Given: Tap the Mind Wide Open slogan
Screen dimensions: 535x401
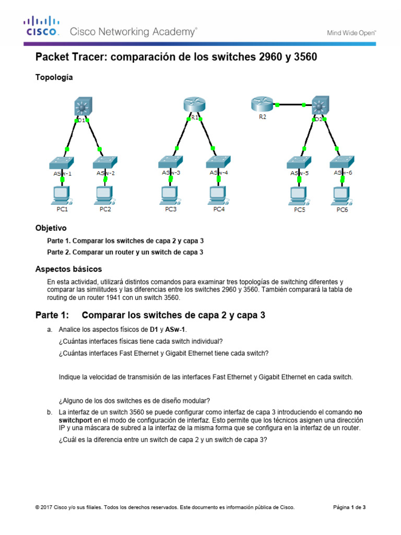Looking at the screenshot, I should point(351,32).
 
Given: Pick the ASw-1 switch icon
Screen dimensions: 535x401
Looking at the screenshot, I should point(62,162).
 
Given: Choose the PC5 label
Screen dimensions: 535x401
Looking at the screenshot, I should point(299,210).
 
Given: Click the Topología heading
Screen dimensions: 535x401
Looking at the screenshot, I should point(54,77).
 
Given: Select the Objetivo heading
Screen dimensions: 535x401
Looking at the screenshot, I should point(51,228).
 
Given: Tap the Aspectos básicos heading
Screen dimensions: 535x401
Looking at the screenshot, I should point(68,269).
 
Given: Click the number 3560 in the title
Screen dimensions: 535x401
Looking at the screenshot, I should point(302,57).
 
